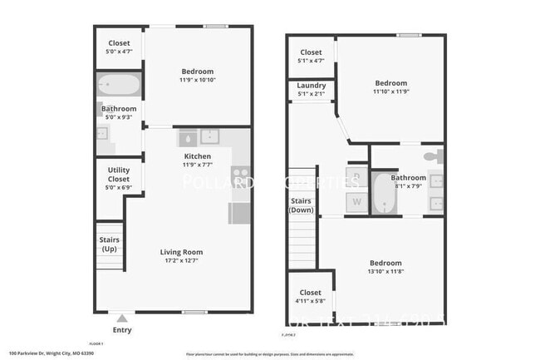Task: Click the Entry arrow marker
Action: [122, 317]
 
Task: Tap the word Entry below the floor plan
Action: [122, 330]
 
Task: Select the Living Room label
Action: [181, 252]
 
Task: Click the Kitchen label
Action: [198, 156]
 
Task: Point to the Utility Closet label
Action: [119, 175]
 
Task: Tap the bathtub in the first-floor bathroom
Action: [120, 86]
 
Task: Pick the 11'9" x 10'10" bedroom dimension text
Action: [198, 80]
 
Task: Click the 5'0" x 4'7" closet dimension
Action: [119, 52]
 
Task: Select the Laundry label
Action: [312, 85]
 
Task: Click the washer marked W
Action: [356, 201]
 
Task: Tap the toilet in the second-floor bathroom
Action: [430, 156]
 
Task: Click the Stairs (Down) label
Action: [300, 205]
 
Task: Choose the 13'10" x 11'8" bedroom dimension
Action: [385, 272]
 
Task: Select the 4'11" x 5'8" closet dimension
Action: [310, 301]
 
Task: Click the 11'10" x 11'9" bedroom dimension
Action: [390, 91]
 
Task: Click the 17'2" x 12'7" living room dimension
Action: [181, 260]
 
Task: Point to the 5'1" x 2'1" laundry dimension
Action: [312, 93]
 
